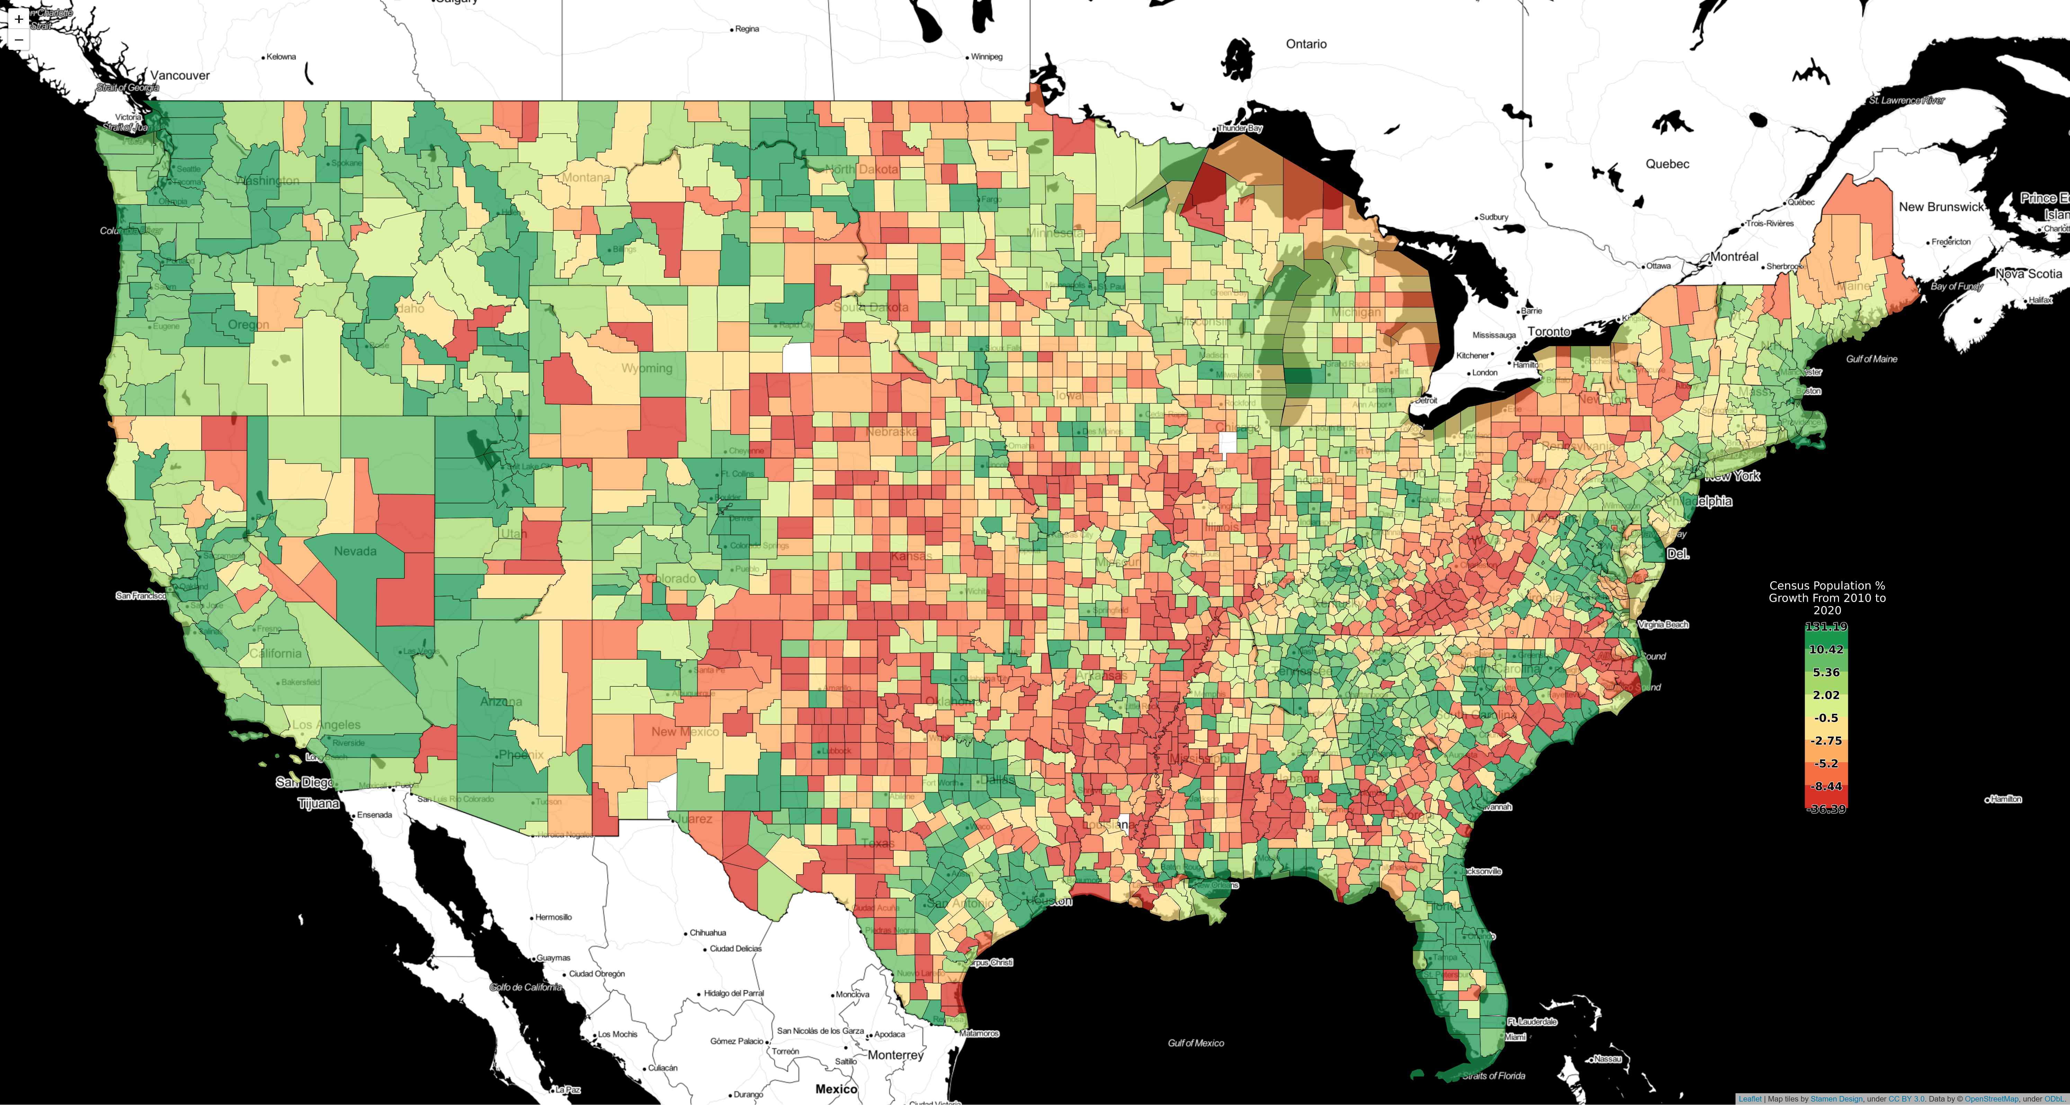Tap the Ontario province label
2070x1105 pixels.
point(1306,44)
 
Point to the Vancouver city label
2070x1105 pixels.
point(180,75)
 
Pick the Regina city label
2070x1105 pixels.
point(747,29)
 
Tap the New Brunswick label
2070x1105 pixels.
point(1940,207)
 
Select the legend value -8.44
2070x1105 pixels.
point(1826,786)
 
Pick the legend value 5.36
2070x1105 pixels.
point(1826,672)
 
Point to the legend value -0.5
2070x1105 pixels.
point(1826,718)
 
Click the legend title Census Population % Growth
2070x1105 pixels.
point(1827,597)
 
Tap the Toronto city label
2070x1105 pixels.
point(1549,332)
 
